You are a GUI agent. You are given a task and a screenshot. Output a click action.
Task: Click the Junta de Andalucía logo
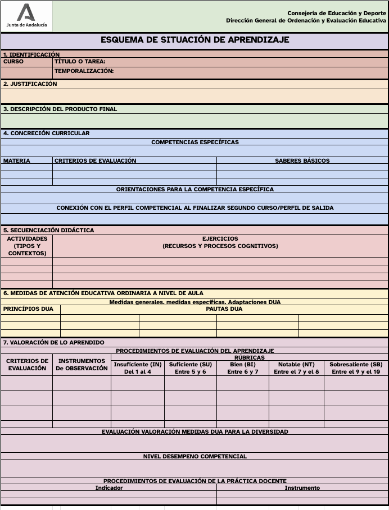26,16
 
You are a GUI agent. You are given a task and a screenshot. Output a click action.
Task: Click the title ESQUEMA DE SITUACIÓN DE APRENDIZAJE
194,40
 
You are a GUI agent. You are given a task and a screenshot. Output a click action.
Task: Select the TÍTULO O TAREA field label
80,62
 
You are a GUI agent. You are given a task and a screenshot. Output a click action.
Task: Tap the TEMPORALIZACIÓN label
84,71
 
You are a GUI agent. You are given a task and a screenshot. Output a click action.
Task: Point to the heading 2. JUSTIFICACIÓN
30,84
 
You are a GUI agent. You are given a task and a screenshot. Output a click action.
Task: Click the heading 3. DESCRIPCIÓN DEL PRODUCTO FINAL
60,109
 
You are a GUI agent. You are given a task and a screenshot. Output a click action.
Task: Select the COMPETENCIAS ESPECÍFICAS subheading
194,142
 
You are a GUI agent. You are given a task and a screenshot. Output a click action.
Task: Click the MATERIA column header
17,160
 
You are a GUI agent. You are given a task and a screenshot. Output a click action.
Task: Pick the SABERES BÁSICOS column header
302,160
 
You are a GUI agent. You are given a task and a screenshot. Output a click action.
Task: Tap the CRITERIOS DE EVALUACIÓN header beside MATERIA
95,160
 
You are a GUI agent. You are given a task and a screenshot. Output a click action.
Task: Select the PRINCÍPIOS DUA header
28,309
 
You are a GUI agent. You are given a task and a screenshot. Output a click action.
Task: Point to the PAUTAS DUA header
224,309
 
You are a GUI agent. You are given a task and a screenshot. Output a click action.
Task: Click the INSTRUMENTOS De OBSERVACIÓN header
82,365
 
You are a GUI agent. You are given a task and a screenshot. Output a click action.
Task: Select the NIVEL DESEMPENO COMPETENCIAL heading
194,456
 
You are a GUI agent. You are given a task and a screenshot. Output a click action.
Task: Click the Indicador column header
108,488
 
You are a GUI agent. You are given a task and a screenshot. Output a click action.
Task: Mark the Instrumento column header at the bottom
302,488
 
